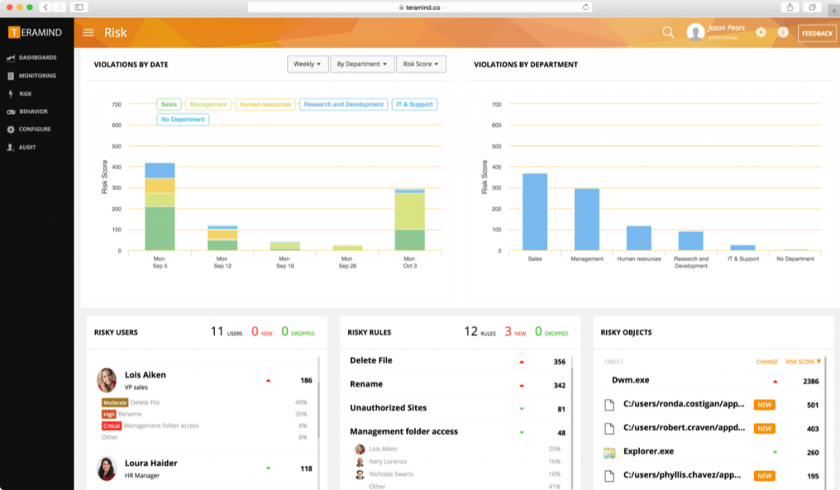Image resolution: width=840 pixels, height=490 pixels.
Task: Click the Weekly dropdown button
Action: click(308, 64)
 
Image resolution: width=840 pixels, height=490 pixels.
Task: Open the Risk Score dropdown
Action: click(421, 64)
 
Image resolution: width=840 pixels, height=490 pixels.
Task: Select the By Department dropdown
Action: click(362, 64)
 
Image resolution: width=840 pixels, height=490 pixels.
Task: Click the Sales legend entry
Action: click(169, 104)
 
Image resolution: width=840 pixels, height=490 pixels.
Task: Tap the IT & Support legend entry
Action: click(414, 104)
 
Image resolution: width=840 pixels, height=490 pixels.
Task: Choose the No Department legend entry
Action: click(183, 119)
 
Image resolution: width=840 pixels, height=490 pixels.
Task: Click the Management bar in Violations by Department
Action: click(586, 219)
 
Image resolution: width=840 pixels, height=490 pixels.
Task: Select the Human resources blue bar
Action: click(638, 238)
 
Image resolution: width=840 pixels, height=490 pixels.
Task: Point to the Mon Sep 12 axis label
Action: click(222, 262)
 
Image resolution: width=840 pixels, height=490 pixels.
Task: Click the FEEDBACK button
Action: click(817, 33)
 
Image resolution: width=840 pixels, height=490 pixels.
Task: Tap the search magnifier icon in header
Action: click(669, 33)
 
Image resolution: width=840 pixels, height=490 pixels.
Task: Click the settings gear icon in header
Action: click(761, 33)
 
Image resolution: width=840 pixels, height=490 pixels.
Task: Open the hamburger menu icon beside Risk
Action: click(89, 33)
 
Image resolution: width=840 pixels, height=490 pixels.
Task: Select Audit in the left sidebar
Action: click(27, 147)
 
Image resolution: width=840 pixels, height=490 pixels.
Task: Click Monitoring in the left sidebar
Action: click(37, 76)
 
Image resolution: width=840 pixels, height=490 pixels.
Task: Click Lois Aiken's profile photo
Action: click(107, 380)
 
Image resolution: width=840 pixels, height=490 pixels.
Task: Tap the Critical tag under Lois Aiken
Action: click(112, 426)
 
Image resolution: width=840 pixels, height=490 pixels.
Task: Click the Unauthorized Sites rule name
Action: click(388, 408)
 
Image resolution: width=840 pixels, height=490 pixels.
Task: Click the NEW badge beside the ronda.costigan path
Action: click(765, 405)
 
